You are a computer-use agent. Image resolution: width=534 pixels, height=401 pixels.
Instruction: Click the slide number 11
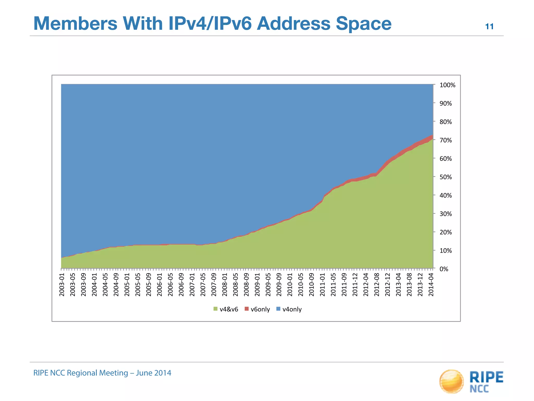[489, 27]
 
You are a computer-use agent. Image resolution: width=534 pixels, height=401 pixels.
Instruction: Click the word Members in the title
[75, 23]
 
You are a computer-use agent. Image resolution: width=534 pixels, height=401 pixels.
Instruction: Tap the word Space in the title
[363, 23]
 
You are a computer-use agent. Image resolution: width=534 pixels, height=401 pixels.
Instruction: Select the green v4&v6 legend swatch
[215, 309]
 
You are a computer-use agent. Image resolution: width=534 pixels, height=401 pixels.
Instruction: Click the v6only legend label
[260, 309]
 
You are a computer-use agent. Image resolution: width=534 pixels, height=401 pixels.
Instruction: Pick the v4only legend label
[292, 309]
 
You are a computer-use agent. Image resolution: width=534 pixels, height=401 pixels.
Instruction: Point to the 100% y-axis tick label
[447, 85]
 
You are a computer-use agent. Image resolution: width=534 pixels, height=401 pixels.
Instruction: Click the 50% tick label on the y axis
[446, 177]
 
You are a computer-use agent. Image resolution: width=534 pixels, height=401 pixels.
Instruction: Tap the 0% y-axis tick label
[444, 269]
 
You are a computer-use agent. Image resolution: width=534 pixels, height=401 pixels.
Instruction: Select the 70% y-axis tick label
[446, 140]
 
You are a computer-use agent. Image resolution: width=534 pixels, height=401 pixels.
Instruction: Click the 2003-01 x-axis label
[62, 285]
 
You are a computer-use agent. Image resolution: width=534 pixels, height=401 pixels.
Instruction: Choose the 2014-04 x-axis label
[431, 285]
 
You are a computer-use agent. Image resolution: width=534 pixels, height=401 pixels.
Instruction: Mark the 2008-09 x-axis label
[246, 285]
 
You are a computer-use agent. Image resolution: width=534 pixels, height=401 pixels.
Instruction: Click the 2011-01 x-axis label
[323, 285]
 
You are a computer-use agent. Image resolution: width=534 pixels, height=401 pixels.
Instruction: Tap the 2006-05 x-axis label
[171, 285]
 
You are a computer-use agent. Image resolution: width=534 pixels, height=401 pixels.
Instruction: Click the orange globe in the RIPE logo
[451, 381]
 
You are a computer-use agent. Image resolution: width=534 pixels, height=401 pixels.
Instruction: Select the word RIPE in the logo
[486, 377]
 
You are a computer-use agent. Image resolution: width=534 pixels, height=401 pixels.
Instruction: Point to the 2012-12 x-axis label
[387, 285]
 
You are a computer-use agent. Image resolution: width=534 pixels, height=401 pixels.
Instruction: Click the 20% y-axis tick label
[446, 232]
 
